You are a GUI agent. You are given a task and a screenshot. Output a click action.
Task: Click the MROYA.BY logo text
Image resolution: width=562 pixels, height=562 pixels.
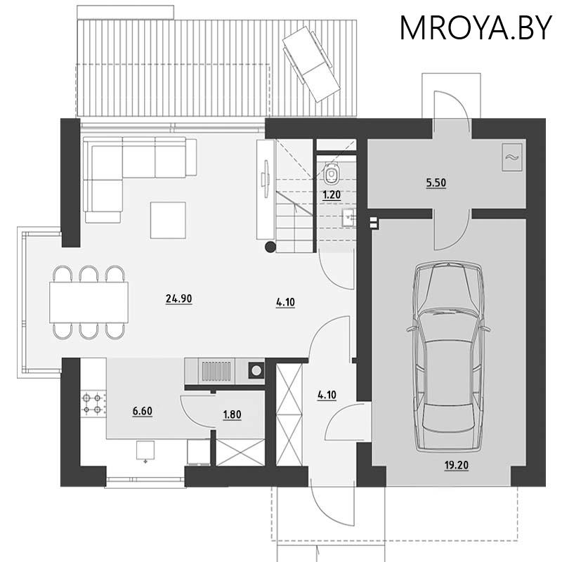click(x=476, y=28)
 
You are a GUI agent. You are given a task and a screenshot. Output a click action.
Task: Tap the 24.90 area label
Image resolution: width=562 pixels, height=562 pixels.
click(x=179, y=299)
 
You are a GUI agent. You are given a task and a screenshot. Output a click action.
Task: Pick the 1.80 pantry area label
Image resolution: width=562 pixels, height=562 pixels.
click(x=232, y=414)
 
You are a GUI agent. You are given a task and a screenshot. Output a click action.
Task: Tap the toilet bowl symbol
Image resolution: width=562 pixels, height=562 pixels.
click(x=332, y=171)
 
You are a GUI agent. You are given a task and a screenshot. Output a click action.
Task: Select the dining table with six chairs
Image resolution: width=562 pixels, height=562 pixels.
click(x=89, y=302)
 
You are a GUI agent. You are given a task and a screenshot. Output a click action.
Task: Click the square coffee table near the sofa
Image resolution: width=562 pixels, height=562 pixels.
click(x=168, y=220)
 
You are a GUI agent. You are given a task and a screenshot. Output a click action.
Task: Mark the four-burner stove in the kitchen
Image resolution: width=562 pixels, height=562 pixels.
click(x=91, y=403)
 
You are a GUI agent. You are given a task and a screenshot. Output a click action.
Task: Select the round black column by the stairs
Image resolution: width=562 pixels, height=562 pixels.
click(x=270, y=247)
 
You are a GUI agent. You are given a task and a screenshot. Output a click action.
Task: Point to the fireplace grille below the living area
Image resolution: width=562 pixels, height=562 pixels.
click(x=216, y=370)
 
